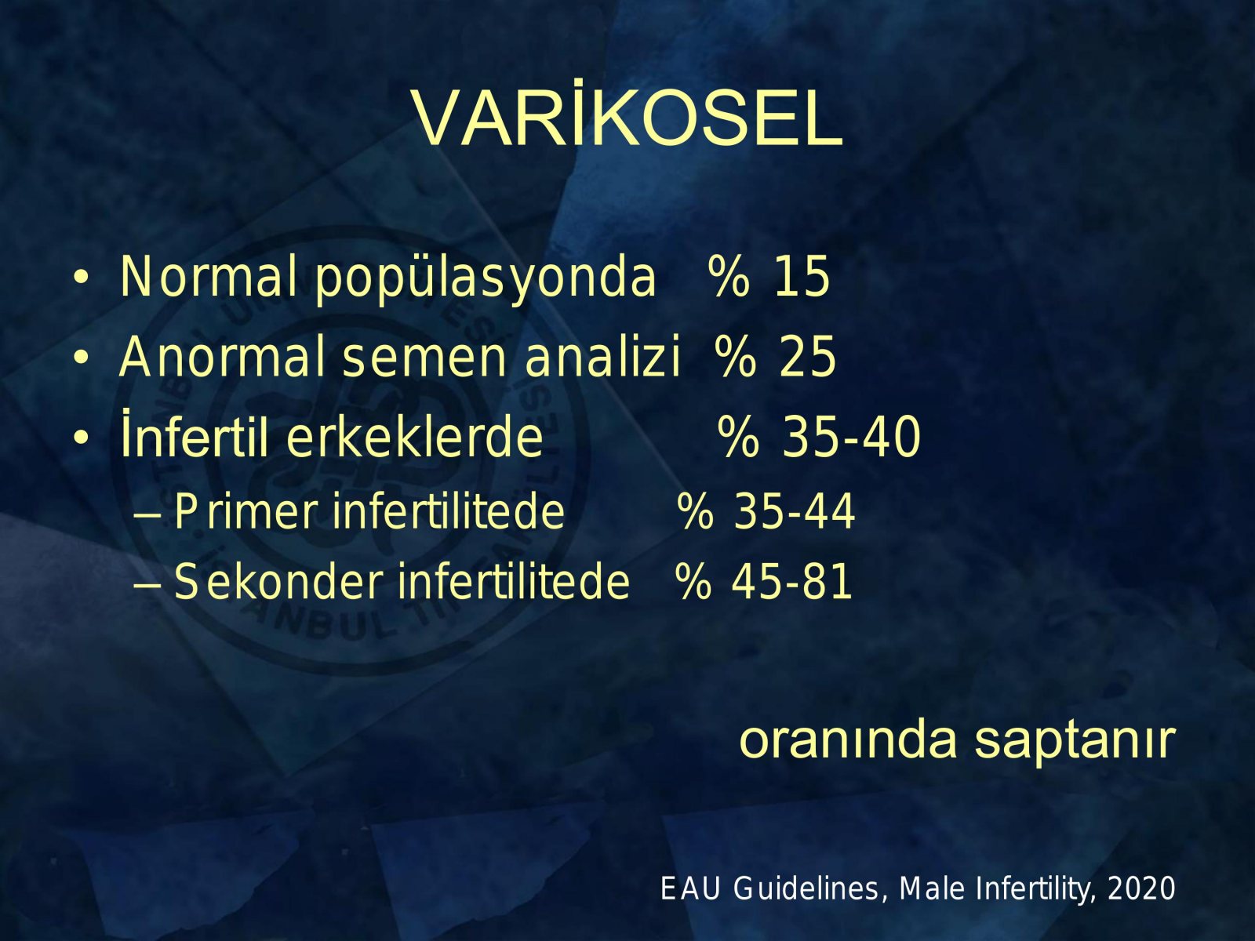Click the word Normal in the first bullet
(x=209, y=277)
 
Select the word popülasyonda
(x=486, y=280)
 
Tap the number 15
(x=801, y=277)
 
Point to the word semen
(x=424, y=361)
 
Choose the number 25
(x=807, y=357)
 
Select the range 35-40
(x=851, y=437)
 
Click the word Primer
(x=246, y=511)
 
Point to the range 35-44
(x=794, y=511)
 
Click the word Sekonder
(x=278, y=582)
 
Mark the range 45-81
(x=792, y=582)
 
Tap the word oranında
(x=848, y=740)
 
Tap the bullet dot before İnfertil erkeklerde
(x=82, y=438)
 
